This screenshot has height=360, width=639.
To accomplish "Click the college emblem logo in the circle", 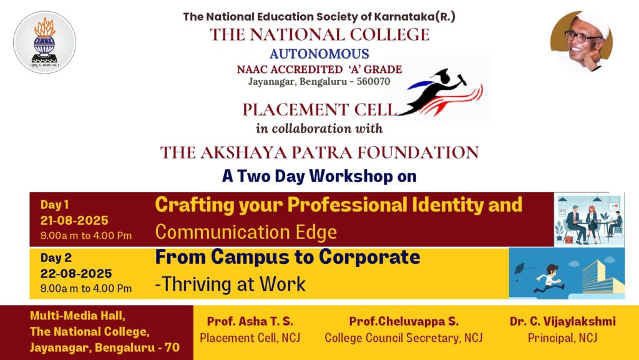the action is pyautogui.click(x=44, y=42).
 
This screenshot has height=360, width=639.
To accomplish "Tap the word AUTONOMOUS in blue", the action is pyautogui.click(x=319, y=54).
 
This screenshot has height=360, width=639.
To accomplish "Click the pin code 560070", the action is pyautogui.click(x=373, y=82).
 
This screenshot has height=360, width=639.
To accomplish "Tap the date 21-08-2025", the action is pyautogui.click(x=74, y=221).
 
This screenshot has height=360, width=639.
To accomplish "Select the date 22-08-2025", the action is pyautogui.click(x=76, y=274).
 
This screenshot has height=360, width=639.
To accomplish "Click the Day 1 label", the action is pyautogui.click(x=54, y=205).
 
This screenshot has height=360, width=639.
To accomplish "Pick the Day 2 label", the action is pyautogui.click(x=56, y=258).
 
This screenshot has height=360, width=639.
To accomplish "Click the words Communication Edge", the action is pyautogui.click(x=246, y=232).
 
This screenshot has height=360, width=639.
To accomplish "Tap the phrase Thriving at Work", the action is pyautogui.click(x=233, y=285).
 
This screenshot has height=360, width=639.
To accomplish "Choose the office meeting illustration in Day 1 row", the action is pyautogui.click(x=589, y=220).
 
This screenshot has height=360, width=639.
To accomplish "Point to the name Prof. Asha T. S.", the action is pyautogui.click(x=250, y=321).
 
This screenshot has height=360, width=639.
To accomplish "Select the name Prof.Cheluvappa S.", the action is pyautogui.click(x=404, y=321).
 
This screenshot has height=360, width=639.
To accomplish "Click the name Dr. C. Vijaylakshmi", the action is pyautogui.click(x=562, y=321).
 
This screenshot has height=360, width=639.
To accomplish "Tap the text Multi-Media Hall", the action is pyautogui.click(x=77, y=316).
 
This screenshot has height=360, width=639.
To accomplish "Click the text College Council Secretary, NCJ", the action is pyautogui.click(x=404, y=338).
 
